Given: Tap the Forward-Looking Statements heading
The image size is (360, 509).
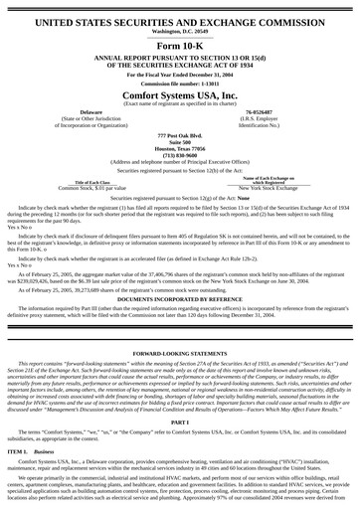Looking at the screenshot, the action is pyautogui.click(x=179, y=352).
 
